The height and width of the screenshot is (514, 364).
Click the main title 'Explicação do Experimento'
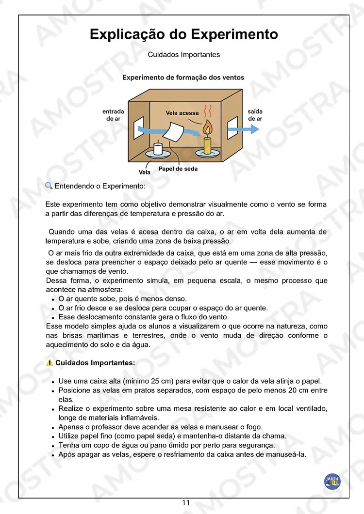[x=184, y=35]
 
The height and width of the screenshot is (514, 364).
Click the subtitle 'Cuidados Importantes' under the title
[x=184, y=55]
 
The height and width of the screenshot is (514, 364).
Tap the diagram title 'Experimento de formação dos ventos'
[x=183, y=78]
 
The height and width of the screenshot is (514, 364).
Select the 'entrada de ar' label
[x=113, y=115]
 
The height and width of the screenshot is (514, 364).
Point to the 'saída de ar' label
[x=255, y=115]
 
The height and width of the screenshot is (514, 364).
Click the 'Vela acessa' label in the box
[x=182, y=113]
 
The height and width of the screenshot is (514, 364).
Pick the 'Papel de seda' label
[x=178, y=169]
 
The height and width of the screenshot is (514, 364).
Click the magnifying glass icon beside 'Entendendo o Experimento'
[x=49, y=186]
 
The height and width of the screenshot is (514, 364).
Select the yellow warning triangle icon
[x=50, y=362]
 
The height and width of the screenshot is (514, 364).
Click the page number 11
[x=186, y=503]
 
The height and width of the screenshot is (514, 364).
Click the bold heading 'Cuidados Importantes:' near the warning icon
[x=95, y=362]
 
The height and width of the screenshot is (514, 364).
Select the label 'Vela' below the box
[x=144, y=172]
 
